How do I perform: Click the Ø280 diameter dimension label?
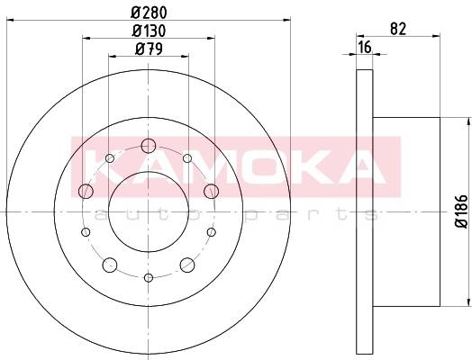click(149, 13)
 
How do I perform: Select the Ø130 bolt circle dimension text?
click(149, 31)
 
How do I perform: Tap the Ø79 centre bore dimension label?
click(149, 49)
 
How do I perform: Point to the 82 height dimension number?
click(398, 29)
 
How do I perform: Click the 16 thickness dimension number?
click(365, 47)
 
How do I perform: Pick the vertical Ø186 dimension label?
click(462, 211)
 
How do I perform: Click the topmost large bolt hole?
click(149, 146)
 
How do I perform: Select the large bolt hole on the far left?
click(86, 191)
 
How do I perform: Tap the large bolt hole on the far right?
click(211, 191)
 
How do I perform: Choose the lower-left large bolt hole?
click(110, 265)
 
